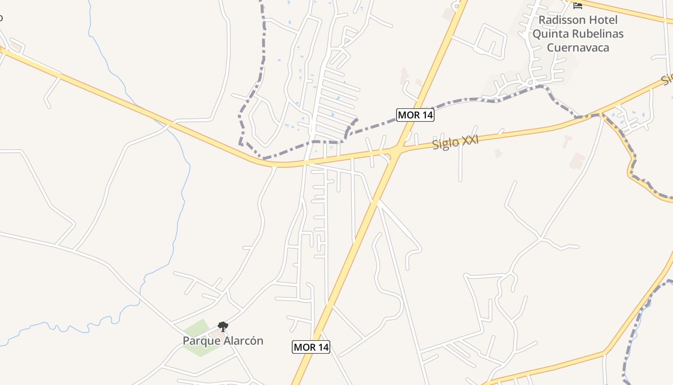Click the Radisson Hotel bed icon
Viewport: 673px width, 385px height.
click(578, 5)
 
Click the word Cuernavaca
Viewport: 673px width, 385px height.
click(578, 48)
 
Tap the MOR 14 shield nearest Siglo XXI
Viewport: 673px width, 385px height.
click(415, 115)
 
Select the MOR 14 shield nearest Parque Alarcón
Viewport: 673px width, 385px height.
click(311, 347)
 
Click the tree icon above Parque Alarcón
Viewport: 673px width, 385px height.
click(223, 327)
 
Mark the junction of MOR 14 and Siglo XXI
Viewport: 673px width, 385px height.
click(397, 150)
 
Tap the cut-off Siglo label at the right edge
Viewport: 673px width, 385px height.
click(667, 79)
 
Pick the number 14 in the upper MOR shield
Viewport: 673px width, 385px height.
click(425, 115)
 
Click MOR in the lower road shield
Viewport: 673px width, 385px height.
click(304, 347)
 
